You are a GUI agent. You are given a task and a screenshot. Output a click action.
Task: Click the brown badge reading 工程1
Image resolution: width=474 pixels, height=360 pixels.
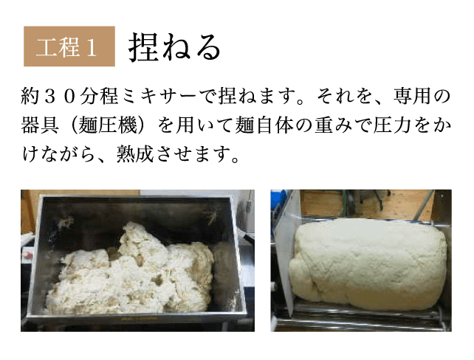(69, 46)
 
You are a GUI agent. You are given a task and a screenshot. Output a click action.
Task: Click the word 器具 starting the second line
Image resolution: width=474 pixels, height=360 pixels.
(40, 125)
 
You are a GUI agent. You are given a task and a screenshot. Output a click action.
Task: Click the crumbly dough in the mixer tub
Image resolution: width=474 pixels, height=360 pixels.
(130, 271)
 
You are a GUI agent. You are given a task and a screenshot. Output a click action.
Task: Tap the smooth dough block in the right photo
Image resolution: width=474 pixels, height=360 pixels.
(367, 263)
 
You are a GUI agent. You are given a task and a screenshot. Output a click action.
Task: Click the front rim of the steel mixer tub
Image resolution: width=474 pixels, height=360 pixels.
(136, 316)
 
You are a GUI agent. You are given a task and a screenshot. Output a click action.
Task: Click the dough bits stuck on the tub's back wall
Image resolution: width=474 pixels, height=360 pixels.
(65, 223)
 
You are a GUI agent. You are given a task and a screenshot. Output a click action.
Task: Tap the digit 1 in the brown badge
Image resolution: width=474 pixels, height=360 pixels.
(92, 48)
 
